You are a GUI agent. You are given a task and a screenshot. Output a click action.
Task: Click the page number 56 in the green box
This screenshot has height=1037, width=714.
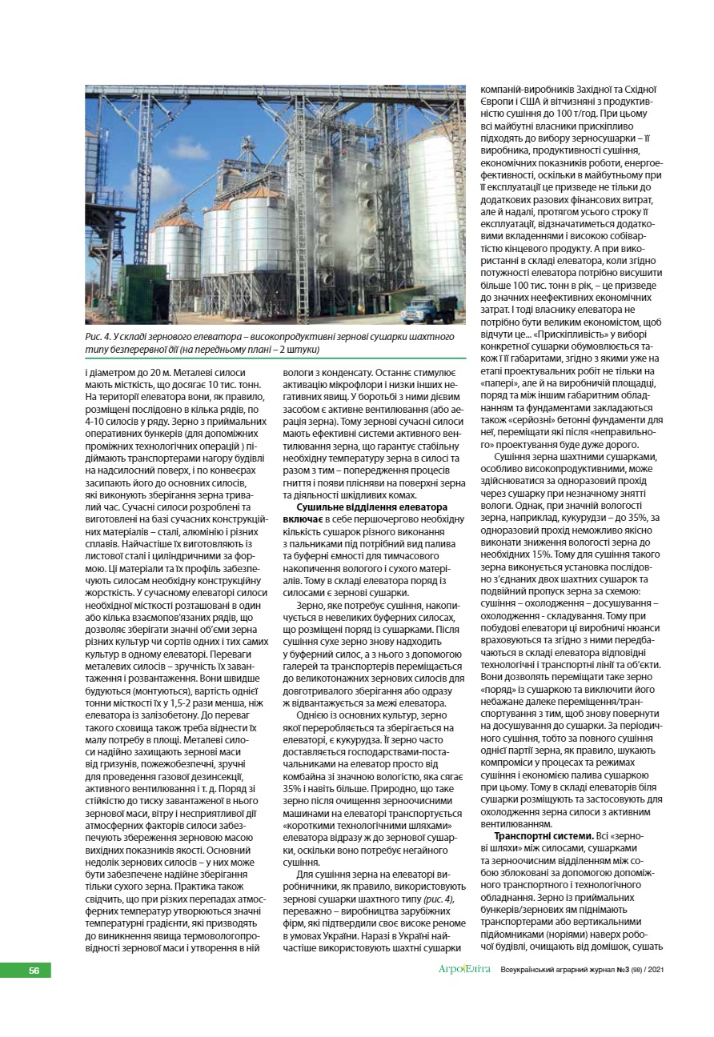click(34, 970)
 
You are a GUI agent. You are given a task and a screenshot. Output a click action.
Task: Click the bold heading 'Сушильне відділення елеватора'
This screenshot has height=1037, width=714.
click(371, 508)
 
